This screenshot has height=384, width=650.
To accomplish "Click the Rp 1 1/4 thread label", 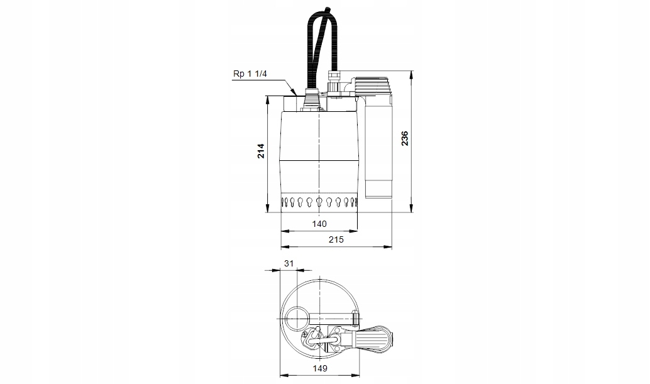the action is pyautogui.click(x=250, y=74).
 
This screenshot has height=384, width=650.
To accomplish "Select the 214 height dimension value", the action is pyautogui.click(x=261, y=151).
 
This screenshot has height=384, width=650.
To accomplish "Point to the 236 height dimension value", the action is pyautogui.click(x=405, y=138).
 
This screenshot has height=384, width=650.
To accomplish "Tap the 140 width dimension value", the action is pyautogui.click(x=319, y=224).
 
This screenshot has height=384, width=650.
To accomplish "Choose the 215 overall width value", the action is pyautogui.click(x=336, y=239).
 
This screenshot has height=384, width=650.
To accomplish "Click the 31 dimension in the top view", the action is pyautogui.click(x=289, y=263).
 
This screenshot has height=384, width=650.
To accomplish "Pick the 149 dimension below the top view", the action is pyautogui.click(x=320, y=368).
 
